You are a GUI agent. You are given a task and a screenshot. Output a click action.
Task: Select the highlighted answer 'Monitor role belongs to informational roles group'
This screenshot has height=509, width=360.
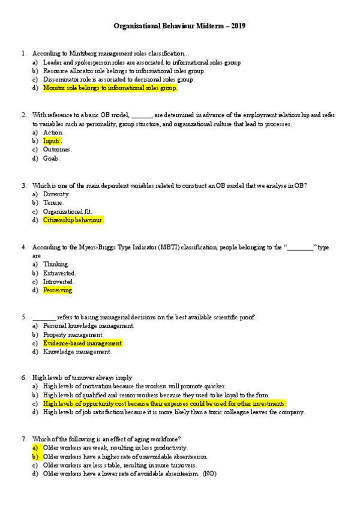tap(110, 88)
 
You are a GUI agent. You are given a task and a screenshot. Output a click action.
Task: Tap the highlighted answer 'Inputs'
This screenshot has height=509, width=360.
tap(52, 141)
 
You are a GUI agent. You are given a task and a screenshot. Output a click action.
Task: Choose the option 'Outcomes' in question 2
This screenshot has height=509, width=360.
tap(58, 149)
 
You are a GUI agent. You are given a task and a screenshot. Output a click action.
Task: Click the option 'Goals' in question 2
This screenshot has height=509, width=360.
tap(52, 158)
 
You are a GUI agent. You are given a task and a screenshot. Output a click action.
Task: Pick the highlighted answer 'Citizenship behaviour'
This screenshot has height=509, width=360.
tap(73, 220)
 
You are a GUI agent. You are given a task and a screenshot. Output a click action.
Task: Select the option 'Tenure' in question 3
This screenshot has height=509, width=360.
tap(53, 203)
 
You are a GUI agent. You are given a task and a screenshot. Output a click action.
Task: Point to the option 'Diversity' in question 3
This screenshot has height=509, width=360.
tap(56, 194)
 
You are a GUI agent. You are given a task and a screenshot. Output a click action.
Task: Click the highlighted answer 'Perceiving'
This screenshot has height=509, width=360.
tap(58, 291)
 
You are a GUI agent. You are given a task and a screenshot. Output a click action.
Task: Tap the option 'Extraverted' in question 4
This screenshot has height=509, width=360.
tap(59, 273)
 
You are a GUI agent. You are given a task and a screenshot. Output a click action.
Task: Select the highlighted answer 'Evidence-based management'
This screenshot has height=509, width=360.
tap(83, 343)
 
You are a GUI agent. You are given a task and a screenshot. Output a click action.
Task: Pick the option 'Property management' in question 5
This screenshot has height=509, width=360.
tap(73, 335)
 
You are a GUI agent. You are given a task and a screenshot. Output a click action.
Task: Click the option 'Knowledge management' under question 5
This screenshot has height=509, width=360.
tap(77, 352)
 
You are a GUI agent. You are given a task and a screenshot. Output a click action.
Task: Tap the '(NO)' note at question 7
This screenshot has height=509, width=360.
tap(209, 474)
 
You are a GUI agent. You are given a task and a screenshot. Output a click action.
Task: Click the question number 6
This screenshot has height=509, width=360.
tap(23, 378)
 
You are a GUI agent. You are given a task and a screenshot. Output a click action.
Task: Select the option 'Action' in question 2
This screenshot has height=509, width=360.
tap(53, 132)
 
